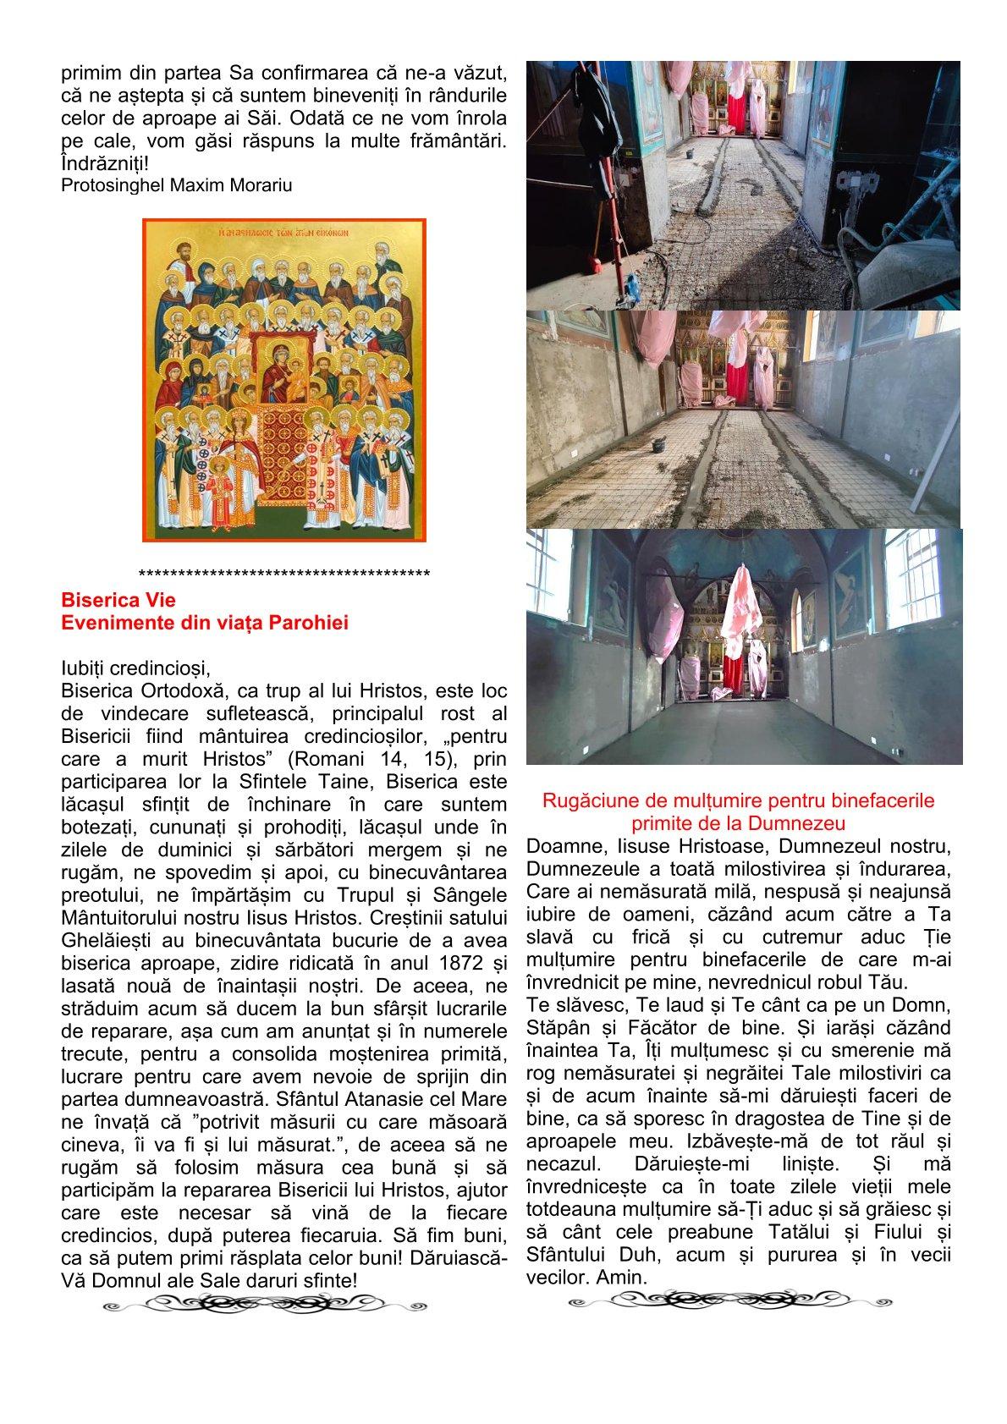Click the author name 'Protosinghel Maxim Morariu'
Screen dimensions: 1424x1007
[177, 185]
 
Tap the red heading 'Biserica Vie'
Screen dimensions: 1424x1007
[118, 600]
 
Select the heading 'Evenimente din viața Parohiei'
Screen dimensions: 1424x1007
[205, 623]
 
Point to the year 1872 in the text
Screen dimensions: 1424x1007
[454, 963]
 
